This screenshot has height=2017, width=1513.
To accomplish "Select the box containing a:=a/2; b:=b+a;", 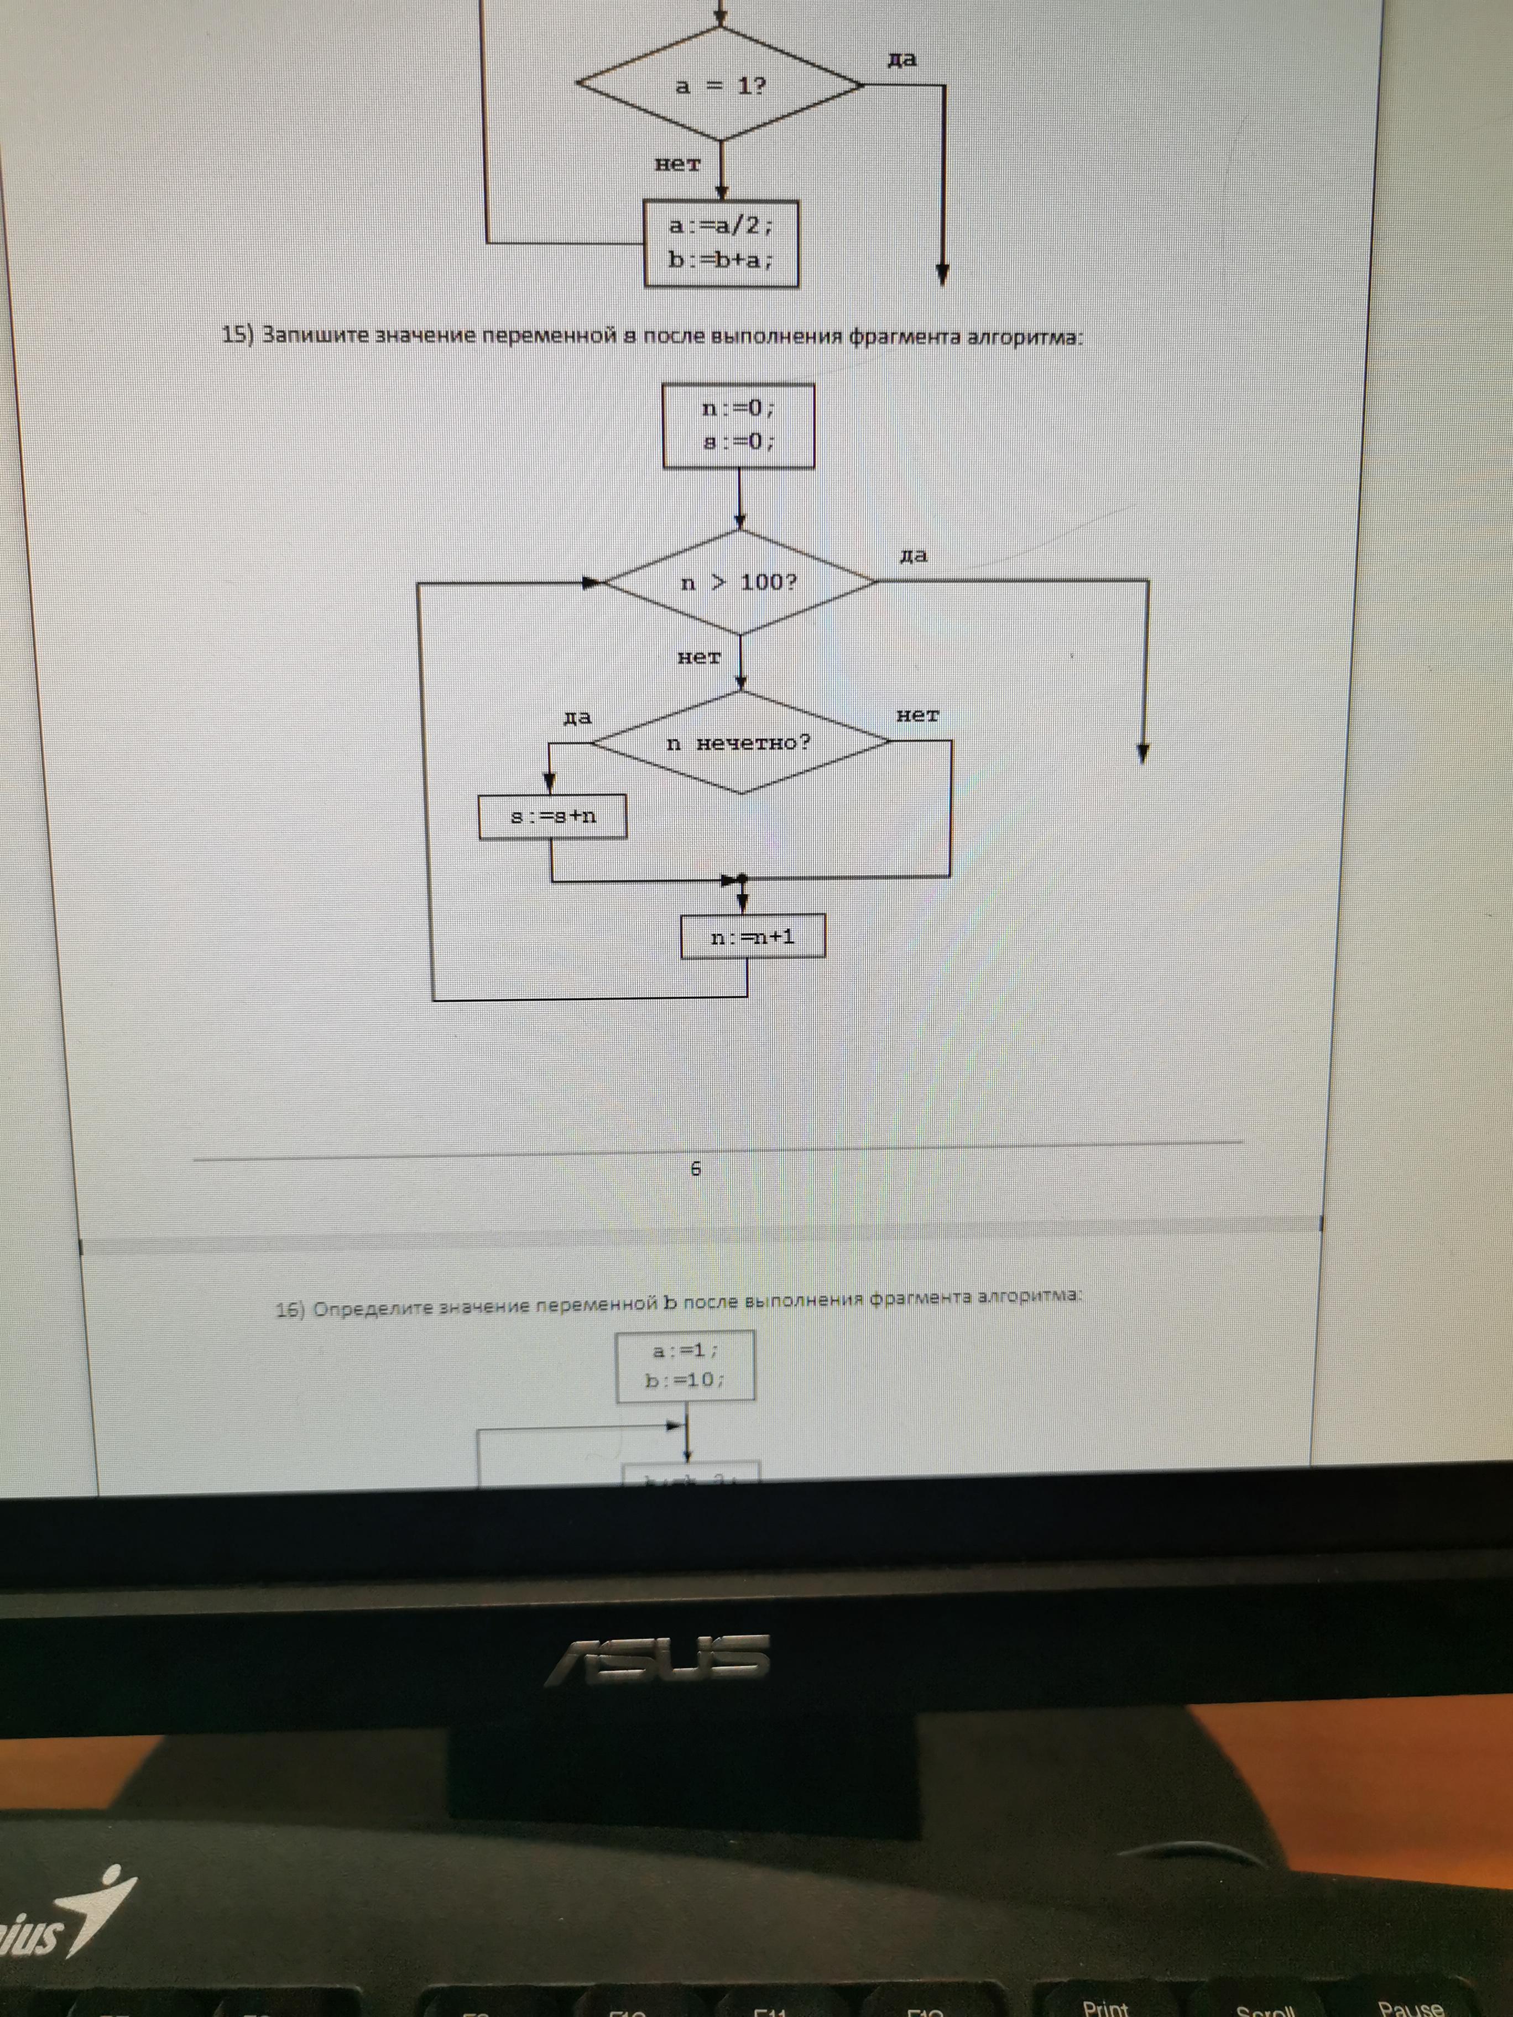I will pos(722,243).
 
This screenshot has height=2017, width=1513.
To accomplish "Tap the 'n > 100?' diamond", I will pos(739,582).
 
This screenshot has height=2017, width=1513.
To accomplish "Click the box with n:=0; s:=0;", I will pos(738,426).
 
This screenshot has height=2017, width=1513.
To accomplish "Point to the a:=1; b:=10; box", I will pos(685,1365).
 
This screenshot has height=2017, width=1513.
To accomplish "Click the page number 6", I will pos(696,1168).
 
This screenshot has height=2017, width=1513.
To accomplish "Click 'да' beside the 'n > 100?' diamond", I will pos(913,555).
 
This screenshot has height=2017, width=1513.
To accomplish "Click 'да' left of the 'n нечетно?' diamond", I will pos(577,718).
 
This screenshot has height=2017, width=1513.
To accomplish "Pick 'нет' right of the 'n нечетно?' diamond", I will pos(917,716).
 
